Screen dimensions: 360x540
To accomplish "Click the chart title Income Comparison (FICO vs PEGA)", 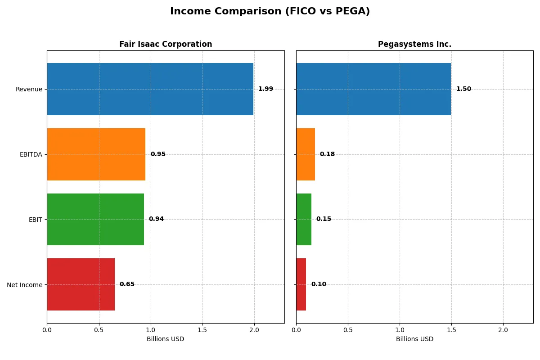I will [270, 12].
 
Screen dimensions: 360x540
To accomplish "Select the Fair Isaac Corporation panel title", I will [166, 44].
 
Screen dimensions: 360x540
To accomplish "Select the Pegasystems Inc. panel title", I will [414, 44].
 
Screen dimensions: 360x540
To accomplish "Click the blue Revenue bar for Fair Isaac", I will [150, 89].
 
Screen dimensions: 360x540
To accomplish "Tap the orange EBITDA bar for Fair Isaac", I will [96, 154].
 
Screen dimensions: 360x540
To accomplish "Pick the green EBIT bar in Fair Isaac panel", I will [95, 219].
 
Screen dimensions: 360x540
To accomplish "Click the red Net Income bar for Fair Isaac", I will [81, 284].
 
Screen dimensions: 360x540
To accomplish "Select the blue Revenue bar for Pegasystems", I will [373, 89].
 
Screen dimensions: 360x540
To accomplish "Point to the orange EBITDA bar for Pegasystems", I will [306, 154].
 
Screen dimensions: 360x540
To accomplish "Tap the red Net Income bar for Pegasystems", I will [301, 284].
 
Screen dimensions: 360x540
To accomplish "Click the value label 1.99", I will [265, 89].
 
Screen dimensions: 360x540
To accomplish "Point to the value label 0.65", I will [127, 284].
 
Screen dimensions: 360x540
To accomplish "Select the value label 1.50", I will [463, 89].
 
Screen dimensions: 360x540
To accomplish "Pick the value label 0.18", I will [327, 154].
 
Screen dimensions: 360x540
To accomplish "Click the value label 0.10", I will [319, 284].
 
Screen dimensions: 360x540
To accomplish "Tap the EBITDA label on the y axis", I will [31, 154].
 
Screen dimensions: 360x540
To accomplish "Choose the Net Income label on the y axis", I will [25, 284].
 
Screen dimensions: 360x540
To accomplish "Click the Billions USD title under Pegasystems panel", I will [414, 339].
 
